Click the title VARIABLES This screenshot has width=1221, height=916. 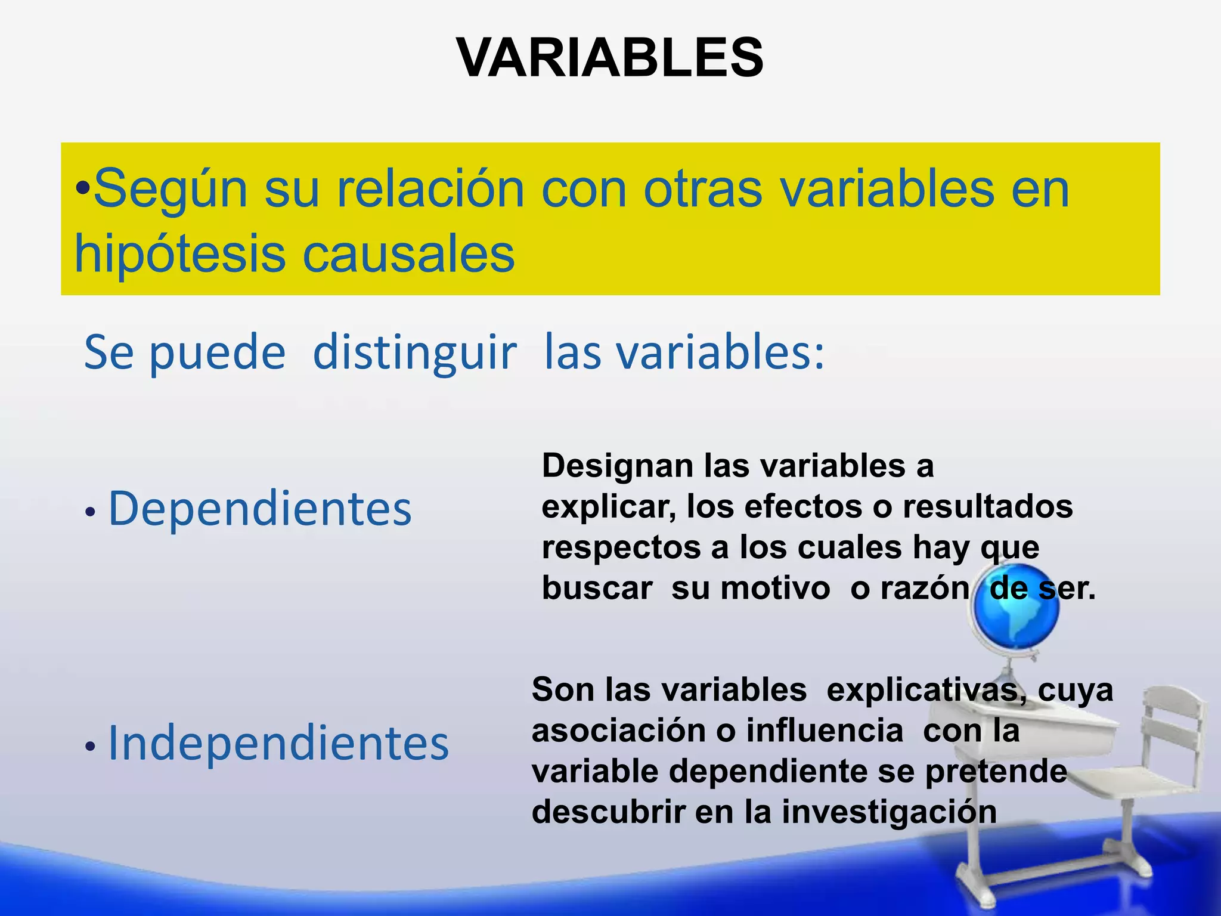pyautogui.click(x=610, y=58)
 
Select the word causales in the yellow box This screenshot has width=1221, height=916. pyautogui.click(x=408, y=254)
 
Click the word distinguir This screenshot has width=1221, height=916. pyautogui.click(x=414, y=353)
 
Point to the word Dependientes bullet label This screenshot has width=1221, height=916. pyautogui.click(x=260, y=509)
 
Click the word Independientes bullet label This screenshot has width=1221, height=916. pyautogui.click(x=278, y=743)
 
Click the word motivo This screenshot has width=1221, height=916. pyautogui.click(x=775, y=589)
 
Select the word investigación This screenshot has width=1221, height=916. pyautogui.click(x=889, y=812)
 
